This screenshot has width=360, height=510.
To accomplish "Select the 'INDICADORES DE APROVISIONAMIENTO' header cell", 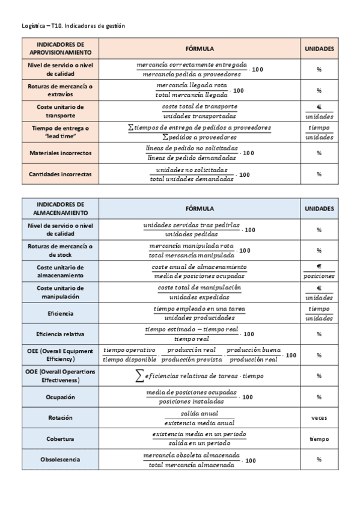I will coord(60,49).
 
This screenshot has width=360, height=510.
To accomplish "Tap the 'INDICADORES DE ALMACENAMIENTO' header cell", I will coord(60,209).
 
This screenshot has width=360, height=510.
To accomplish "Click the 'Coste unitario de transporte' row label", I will coord(60,111).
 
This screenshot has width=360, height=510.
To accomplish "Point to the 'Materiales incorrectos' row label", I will coord(60,153).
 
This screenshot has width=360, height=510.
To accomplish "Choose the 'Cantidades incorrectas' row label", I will coord(60,174).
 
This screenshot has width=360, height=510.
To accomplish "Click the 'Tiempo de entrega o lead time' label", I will coord(60,132).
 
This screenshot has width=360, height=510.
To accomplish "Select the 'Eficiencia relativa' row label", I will coord(60,334).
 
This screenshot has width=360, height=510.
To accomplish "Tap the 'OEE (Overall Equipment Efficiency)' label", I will coord(60,355).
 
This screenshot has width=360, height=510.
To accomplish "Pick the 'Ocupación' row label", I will coord(60,397).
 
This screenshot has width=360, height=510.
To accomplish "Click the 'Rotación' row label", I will coord(60,418).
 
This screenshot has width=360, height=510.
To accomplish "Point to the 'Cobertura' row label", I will coord(60,439).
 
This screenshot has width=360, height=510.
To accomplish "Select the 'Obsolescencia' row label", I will coord(60,460).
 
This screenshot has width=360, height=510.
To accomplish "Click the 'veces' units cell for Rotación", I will coord(319,418).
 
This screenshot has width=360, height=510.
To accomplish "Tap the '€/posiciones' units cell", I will coord(319,271).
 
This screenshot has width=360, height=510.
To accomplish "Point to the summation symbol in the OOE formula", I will coord(140,375).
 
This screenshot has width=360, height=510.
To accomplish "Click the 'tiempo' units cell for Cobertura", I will coord(319,439).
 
